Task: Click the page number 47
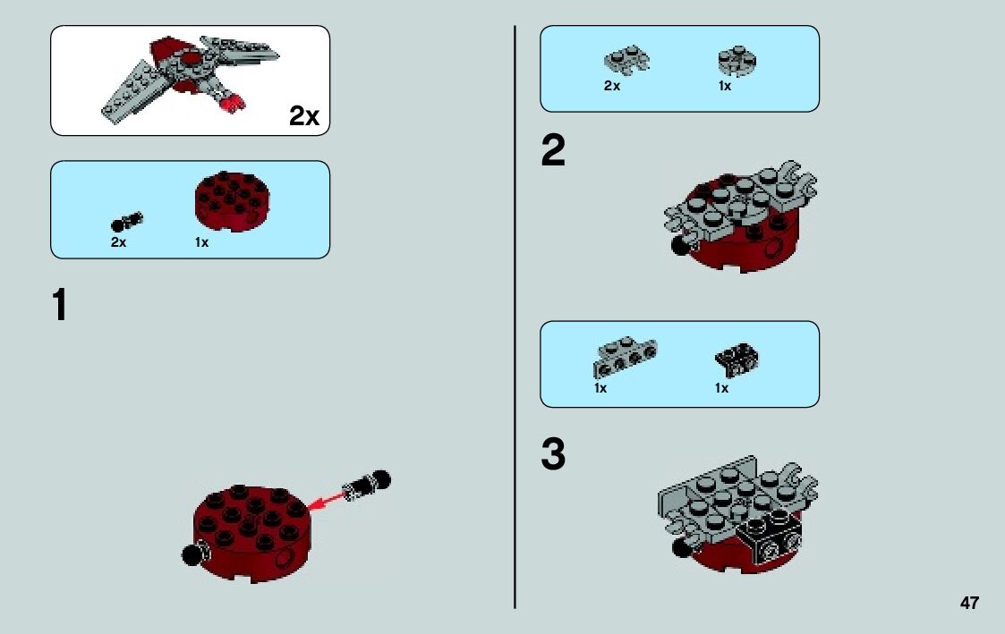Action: [969, 603]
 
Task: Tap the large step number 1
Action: [60, 305]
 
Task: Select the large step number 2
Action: [553, 150]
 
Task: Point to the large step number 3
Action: [553, 453]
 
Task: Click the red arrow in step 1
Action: [326, 501]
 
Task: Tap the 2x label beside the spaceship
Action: [303, 116]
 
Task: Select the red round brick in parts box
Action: [232, 200]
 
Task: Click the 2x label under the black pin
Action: [118, 242]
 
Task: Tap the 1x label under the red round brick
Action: [202, 242]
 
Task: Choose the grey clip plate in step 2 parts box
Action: [626, 60]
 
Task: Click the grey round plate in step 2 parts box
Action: [737, 61]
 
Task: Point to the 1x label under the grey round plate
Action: [725, 86]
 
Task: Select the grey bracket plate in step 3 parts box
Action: [625, 358]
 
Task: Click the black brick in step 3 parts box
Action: [737, 359]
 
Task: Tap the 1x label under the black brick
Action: [721, 388]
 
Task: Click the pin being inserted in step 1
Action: [367, 486]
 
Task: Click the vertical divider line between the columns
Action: [515, 317]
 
